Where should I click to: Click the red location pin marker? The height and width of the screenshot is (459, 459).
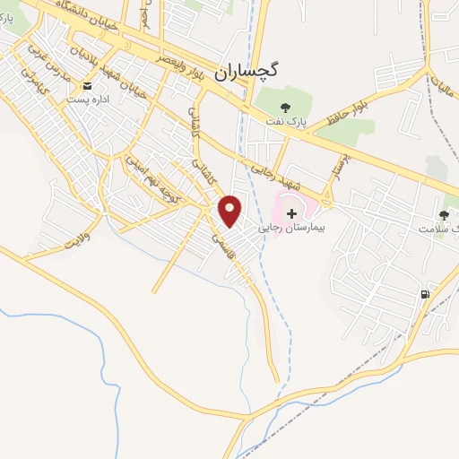pos(231,211)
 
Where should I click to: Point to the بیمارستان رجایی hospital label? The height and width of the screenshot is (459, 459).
pos(295,228)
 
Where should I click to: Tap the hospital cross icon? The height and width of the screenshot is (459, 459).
pos(291,212)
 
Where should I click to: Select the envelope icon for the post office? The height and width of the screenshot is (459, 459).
pos(88,85)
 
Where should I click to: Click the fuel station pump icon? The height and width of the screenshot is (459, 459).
pos(424,294)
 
